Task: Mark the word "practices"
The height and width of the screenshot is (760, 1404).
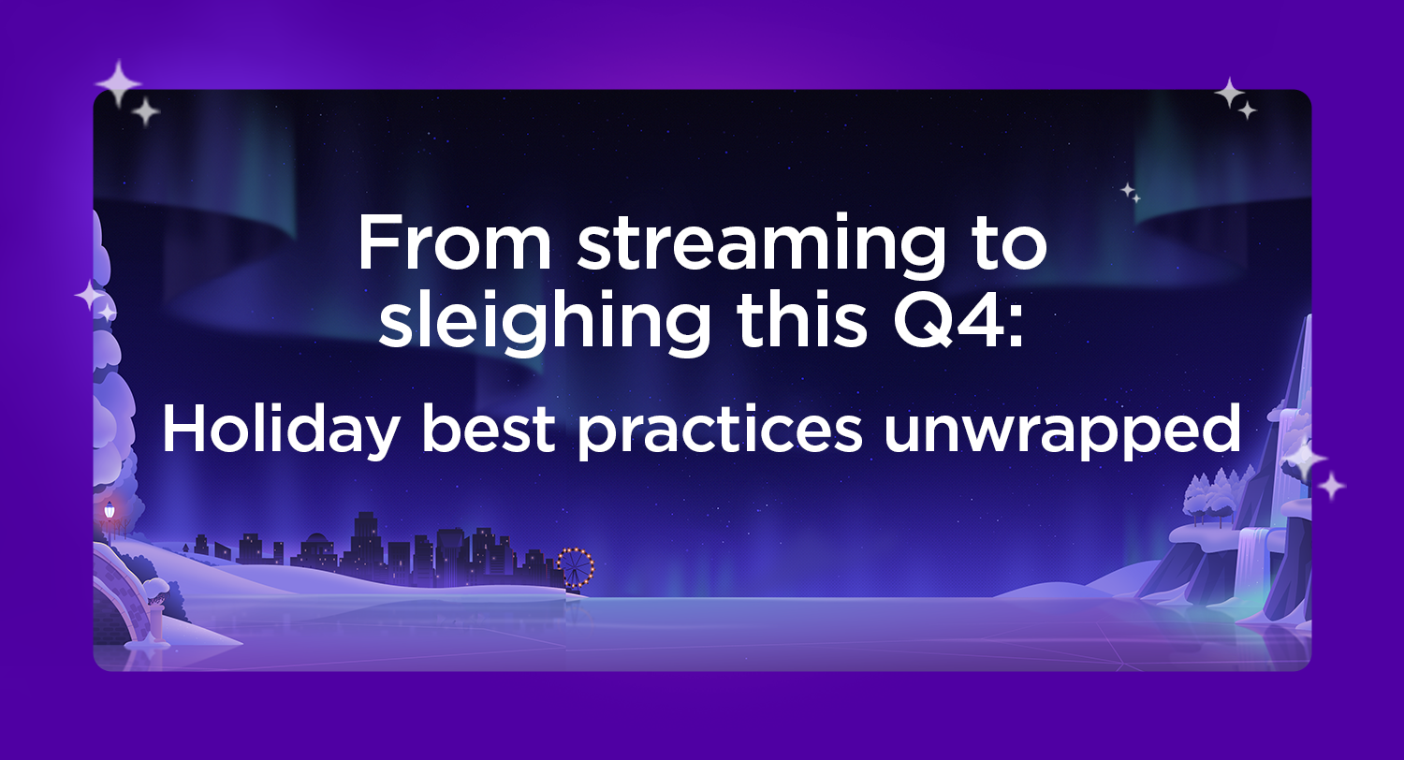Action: [720, 431]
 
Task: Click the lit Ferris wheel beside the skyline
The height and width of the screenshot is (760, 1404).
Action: [575, 567]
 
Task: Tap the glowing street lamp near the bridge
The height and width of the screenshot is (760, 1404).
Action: [110, 511]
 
